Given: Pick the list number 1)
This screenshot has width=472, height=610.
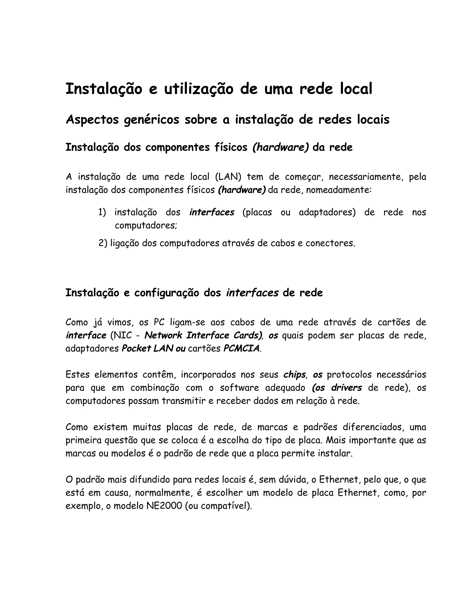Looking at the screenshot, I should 102,212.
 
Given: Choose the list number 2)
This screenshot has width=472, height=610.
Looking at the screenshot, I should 103,243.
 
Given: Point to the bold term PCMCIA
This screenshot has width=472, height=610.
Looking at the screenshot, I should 241,349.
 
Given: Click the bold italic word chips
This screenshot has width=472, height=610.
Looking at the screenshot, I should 294,375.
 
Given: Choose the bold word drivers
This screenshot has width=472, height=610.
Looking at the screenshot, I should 346,388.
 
